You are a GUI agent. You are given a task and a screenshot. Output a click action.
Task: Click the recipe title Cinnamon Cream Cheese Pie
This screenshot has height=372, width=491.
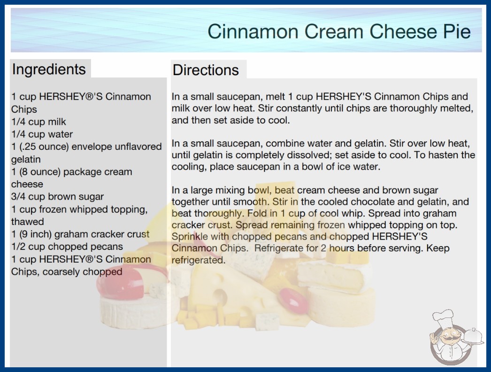[339, 31]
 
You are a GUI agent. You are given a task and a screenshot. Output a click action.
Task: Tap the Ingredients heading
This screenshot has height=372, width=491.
[49, 69]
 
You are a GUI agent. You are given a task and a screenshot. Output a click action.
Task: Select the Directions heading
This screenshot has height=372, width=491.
[206, 70]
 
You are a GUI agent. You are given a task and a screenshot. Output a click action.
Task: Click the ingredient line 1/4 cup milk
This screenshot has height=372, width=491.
[38, 122]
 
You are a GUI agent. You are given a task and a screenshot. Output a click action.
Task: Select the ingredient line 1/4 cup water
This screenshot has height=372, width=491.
[42, 134]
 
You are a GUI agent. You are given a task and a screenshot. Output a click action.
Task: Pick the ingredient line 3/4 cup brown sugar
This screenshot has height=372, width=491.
[57, 196]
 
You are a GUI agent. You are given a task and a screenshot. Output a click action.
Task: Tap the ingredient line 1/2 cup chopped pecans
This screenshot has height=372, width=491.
[67, 247]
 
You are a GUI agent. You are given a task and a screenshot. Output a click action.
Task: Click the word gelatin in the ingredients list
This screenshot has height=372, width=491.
[26, 159]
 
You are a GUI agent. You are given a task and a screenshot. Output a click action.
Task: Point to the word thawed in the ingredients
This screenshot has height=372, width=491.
[28, 222]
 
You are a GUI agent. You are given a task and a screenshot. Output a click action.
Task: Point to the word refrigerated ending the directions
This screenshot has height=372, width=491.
[198, 260]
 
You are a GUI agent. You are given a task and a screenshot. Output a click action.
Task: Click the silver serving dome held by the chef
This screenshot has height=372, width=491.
[473, 337]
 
